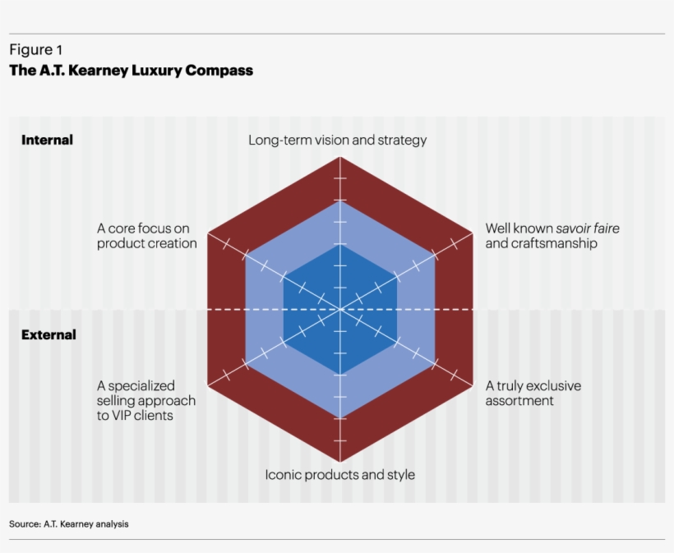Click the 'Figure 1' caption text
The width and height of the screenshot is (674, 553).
(x=35, y=50)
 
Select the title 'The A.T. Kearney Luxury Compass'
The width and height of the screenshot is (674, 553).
(x=131, y=71)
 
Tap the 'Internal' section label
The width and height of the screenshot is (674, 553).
(x=47, y=141)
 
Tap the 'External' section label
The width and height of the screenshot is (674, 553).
(x=48, y=334)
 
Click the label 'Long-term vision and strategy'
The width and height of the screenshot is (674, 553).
(x=338, y=141)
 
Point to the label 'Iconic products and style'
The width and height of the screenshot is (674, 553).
(x=339, y=475)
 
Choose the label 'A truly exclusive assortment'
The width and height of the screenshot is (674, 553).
(x=533, y=393)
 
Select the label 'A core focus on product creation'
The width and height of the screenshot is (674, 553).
(x=147, y=236)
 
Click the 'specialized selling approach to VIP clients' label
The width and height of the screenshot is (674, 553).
(x=146, y=400)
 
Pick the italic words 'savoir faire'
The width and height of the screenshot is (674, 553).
(x=588, y=228)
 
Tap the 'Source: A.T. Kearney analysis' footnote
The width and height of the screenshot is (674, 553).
(x=69, y=523)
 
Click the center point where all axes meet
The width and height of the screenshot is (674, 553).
(x=339, y=310)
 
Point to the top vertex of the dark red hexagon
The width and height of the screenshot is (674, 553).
(x=339, y=157)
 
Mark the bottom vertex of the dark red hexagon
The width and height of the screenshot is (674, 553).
(x=339, y=463)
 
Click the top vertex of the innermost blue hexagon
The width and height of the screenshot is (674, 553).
(x=339, y=244)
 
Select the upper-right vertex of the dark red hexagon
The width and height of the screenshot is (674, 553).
(x=472, y=233)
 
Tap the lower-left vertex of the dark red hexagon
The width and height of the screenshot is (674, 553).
(x=207, y=386)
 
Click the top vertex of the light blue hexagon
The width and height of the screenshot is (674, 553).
(x=339, y=201)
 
